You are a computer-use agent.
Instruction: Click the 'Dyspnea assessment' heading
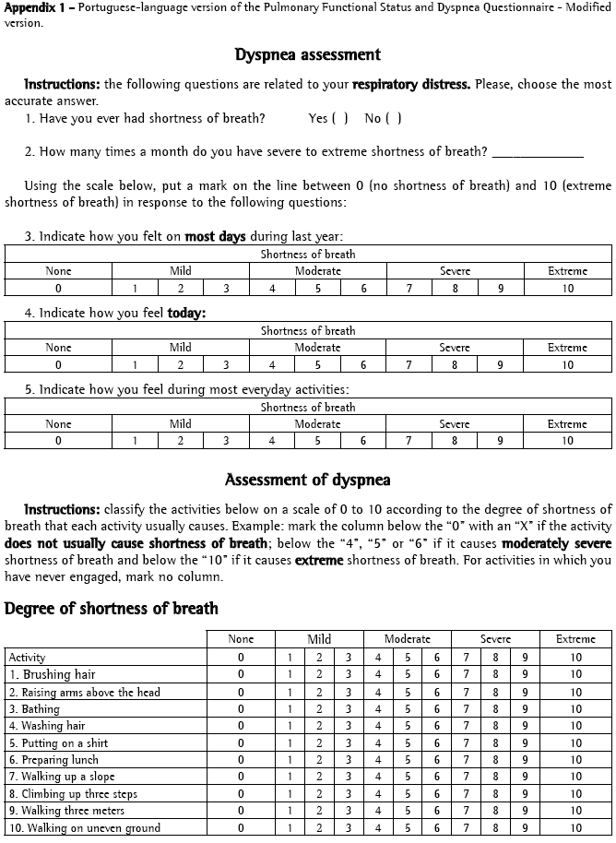308,55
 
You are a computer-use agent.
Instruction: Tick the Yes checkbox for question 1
339,118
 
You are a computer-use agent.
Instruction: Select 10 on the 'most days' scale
567,289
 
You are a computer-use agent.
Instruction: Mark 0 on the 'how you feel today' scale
58,365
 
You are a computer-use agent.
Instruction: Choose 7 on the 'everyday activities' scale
409,441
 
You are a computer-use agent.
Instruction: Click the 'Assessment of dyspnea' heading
308,480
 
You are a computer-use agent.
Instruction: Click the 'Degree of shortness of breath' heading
112,608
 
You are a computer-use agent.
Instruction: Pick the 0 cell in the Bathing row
241,709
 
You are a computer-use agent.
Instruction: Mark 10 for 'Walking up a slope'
575,777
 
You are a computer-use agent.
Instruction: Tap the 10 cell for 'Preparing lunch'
575,760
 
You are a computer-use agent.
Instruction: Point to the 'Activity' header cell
27,658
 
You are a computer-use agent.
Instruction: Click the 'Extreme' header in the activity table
575,639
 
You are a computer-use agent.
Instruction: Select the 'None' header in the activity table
241,639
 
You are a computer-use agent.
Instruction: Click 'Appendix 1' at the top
33,7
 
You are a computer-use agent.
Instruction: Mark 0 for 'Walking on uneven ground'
241,828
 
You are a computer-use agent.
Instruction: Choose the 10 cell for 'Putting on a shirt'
575,743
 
